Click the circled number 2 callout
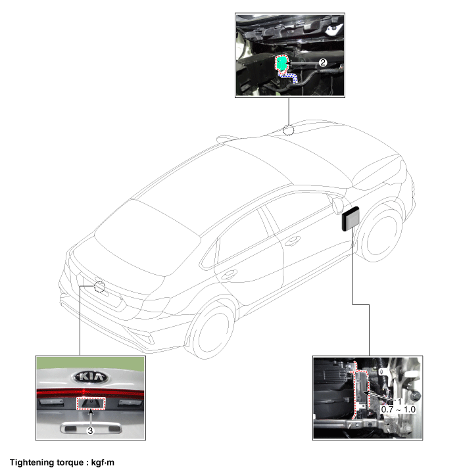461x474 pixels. tap(323, 62)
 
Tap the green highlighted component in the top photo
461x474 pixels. tap(281, 64)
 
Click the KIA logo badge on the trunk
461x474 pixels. tap(90, 377)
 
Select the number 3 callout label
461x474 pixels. tap(90, 431)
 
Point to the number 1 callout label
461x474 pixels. tap(399, 402)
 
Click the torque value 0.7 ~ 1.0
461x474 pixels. tap(399, 410)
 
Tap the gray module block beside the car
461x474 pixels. tap(351, 219)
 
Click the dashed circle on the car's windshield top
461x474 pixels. tap(289, 130)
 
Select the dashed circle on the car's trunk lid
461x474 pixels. tap(99, 287)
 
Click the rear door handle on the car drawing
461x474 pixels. tap(230, 275)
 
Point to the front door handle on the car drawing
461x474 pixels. tap(293, 241)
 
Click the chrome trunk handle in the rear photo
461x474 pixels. tap(91, 427)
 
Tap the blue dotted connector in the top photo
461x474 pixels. tap(289, 77)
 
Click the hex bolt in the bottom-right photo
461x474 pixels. tap(416, 395)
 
